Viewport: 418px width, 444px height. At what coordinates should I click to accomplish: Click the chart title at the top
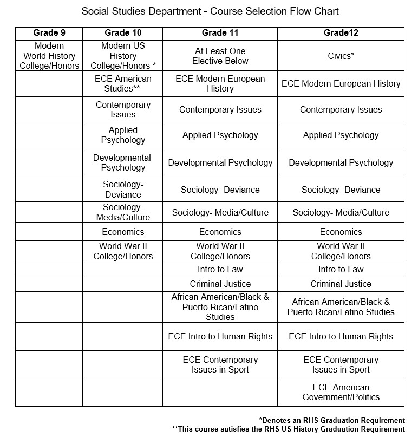(x=210, y=11)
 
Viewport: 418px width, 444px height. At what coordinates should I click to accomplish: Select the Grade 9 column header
(x=49, y=33)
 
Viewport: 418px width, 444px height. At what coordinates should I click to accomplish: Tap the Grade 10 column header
(x=123, y=33)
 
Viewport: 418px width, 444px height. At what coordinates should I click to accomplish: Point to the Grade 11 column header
(x=220, y=33)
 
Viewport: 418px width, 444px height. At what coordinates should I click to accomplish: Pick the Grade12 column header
(x=341, y=33)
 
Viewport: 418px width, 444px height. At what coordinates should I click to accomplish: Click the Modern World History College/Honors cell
(x=49, y=56)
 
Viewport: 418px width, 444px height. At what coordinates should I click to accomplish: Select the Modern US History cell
(x=123, y=56)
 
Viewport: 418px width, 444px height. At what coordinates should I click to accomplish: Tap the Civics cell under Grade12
(x=341, y=56)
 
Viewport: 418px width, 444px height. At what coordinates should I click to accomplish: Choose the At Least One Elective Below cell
(x=220, y=56)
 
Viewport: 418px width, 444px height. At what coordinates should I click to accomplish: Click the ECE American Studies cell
(x=123, y=83)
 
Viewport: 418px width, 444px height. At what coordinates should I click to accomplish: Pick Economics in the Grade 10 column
(x=123, y=232)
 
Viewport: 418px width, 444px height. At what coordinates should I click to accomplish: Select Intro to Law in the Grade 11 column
(x=220, y=269)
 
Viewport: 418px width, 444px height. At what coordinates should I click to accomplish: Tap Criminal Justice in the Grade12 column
(x=341, y=284)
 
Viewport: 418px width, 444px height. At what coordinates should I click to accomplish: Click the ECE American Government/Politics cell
(x=341, y=392)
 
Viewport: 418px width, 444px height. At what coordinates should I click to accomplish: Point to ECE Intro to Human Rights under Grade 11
(x=220, y=336)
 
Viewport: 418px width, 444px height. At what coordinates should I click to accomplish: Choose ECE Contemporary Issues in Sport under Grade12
(x=341, y=364)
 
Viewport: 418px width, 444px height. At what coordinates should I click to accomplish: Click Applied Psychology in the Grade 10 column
(x=123, y=135)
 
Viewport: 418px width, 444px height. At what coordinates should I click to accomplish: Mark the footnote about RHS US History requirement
(x=288, y=429)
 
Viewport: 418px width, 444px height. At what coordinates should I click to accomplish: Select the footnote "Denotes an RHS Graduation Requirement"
(x=332, y=420)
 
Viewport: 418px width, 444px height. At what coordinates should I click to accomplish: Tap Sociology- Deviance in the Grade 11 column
(x=220, y=190)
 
